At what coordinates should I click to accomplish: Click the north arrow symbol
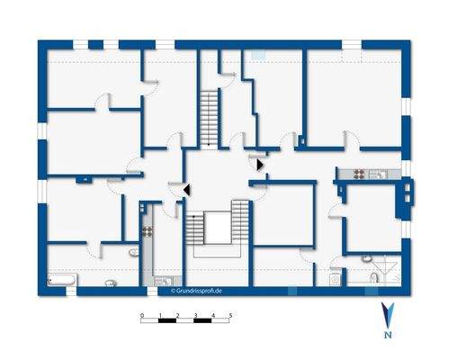pyautogui.click(x=387, y=315)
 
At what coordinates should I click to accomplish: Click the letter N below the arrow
pyautogui.click(x=387, y=336)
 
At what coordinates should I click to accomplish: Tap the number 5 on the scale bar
pyautogui.click(x=230, y=316)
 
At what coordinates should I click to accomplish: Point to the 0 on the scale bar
pyautogui.click(x=142, y=316)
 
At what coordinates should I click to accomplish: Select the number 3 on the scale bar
pyautogui.click(x=195, y=316)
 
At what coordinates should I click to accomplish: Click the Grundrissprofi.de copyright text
pyautogui.click(x=195, y=291)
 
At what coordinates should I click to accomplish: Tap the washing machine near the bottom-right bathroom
pyautogui.click(x=336, y=279)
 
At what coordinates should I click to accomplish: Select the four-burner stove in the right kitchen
pyautogui.click(x=357, y=174)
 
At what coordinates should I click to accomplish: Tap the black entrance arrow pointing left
pyautogui.click(x=186, y=190)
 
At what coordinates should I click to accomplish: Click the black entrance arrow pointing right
pyautogui.click(x=260, y=164)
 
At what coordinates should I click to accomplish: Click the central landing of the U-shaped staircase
pyautogui.click(x=217, y=222)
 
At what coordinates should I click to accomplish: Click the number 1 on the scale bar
pyautogui.click(x=160, y=316)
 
